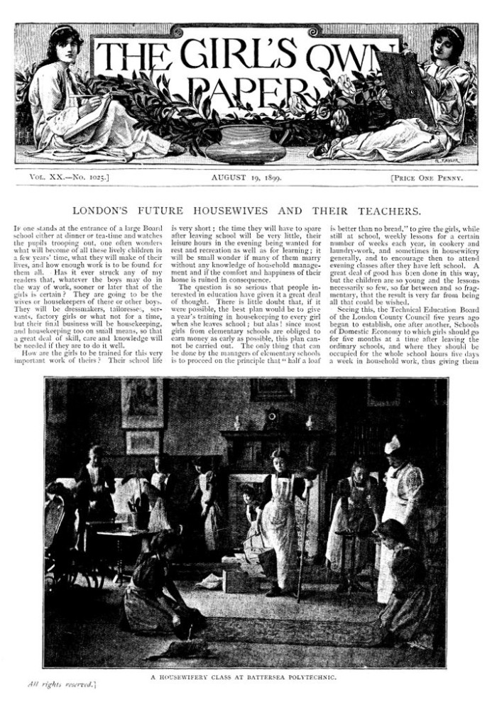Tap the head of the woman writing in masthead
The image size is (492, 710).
pyautogui.click(x=65, y=43)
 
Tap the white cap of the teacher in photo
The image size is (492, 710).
pyautogui.click(x=392, y=445)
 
